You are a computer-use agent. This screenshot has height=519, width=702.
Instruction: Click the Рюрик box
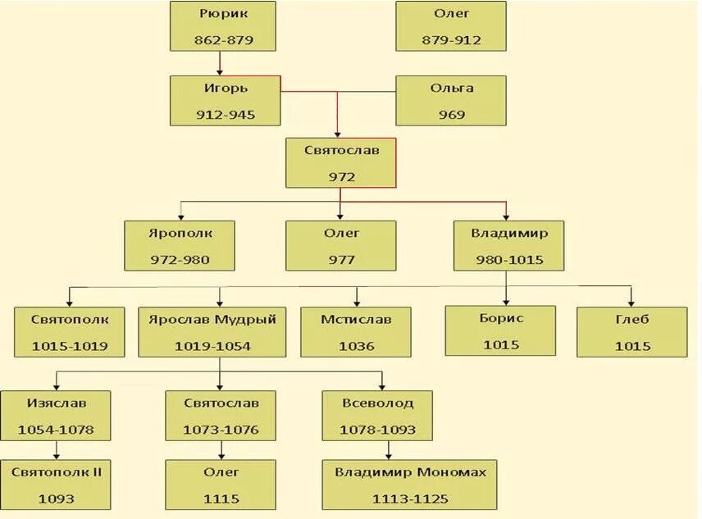223,26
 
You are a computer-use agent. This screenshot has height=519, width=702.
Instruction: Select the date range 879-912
451,40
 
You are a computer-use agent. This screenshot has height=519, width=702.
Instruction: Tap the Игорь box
226,101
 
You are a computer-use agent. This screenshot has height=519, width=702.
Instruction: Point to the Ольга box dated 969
451,101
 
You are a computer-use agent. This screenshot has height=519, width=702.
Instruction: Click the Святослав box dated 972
341,162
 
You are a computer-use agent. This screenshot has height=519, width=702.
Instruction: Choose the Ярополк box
180,245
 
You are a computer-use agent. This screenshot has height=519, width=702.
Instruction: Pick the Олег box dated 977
341,245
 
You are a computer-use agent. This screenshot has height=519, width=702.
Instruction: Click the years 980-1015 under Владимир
509,260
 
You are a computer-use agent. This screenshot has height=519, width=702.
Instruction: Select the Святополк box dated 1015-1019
70,331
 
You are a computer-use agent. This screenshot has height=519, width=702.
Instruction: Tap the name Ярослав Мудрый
212,319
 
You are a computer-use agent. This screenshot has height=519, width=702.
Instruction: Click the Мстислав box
356,331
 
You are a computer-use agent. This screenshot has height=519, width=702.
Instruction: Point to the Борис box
500,330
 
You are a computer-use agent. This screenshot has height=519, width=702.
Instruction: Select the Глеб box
631,331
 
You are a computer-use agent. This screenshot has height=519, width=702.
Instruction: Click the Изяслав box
56,416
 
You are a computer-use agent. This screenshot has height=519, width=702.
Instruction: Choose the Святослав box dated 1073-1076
221,416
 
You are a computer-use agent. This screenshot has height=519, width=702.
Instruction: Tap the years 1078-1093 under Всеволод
377,430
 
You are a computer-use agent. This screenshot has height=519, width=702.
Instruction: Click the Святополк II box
56,485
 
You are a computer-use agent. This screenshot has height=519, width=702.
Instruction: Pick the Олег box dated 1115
221,485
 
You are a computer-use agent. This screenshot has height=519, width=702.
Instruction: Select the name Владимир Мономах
410,472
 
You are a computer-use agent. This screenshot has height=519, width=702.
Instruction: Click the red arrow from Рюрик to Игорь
221,63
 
